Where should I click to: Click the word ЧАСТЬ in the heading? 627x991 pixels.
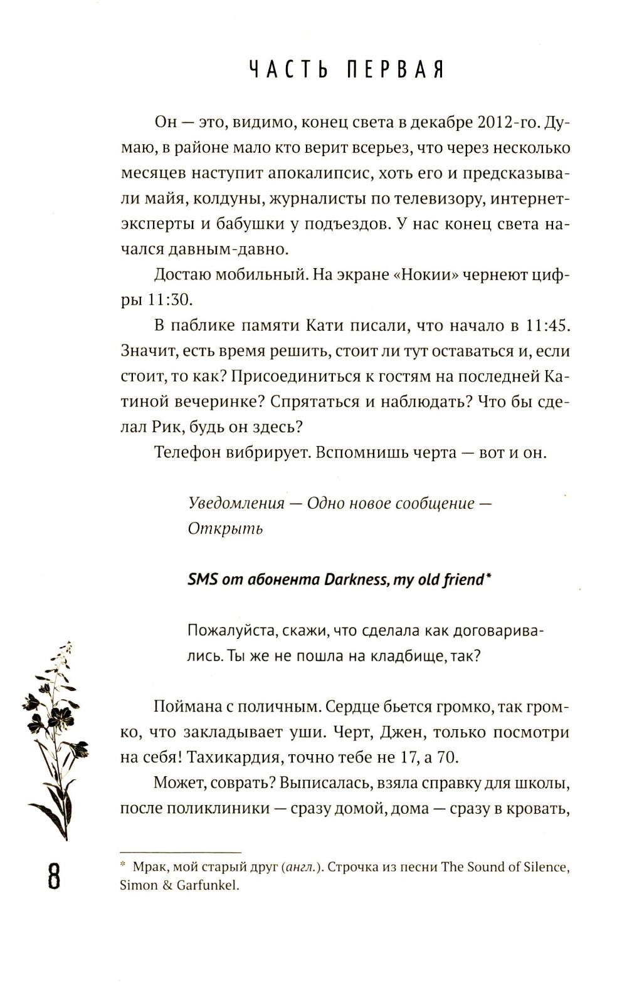click(x=287, y=70)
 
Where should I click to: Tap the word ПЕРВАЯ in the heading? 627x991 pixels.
click(x=395, y=70)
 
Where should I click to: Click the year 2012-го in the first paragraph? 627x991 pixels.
click(x=508, y=122)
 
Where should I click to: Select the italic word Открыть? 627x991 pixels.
click(x=225, y=529)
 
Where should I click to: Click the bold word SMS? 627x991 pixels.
click(x=203, y=579)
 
